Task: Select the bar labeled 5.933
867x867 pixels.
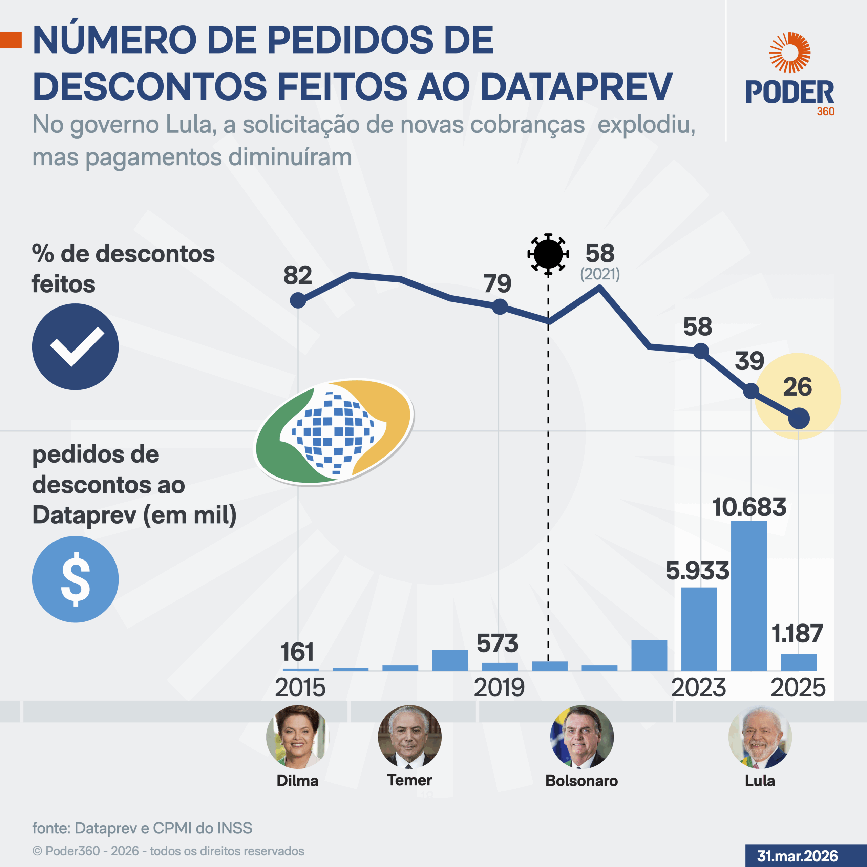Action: click(x=699, y=629)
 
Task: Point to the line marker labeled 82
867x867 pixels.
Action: click(x=298, y=300)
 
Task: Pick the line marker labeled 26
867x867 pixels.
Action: click(x=799, y=418)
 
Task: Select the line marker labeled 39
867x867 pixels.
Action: click(x=751, y=391)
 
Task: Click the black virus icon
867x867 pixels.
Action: click(x=548, y=254)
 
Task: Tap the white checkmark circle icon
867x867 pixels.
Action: click(x=76, y=346)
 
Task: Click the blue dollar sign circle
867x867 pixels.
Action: click(x=76, y=579)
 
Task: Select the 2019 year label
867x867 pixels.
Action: click(x=499, y=688)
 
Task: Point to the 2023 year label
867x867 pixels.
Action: click(x=698, y=688)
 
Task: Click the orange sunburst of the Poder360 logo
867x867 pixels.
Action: click(x=789, y=52)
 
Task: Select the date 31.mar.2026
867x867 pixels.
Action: click(x=798, y=856)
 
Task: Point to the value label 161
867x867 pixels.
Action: click(x=297, y=652)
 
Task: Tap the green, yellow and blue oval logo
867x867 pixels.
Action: click(x=334, y=432)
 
